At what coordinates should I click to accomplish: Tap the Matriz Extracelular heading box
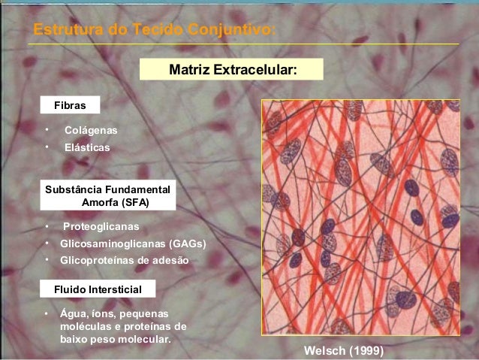click(233, 70)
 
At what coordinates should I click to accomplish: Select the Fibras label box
click(69, 104)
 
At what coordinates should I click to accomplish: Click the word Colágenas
click(91, 130)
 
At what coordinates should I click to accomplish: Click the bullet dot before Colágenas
click(47, 130)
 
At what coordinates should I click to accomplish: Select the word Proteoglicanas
click(101, 226)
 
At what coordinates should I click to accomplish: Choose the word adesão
click(170, 260)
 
